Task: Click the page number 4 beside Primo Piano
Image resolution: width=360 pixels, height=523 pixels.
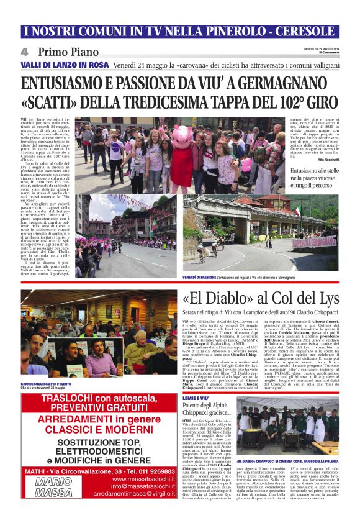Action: [25, 52]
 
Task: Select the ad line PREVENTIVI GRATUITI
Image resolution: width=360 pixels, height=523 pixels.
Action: [100, 407]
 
